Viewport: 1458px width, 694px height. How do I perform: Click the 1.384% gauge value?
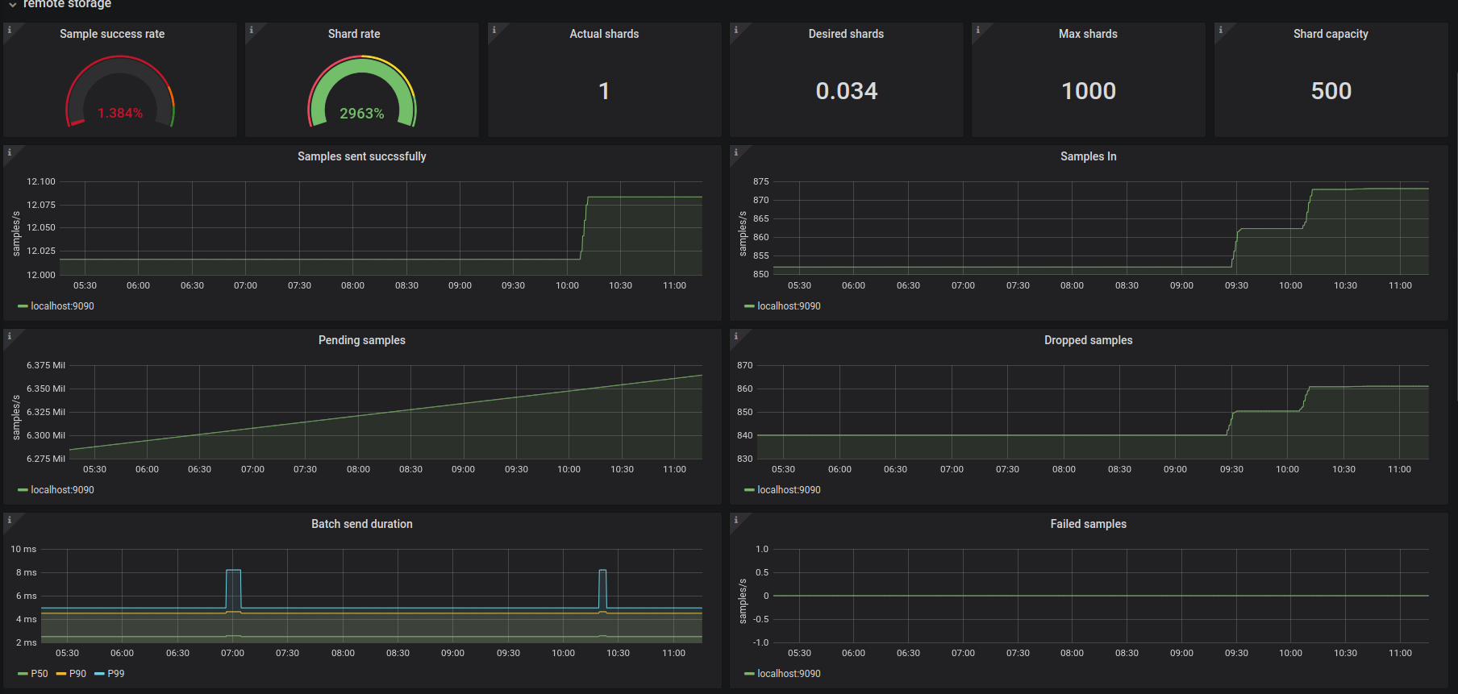click(120, 113)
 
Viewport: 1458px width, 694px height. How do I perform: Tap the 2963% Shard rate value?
click(362, 114)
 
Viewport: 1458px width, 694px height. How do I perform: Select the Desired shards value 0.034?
click(847, 91)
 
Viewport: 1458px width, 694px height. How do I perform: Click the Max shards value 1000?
click(1089, 91)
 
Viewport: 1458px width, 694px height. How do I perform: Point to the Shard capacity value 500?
click(1331, 91)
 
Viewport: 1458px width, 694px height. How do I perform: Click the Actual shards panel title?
click(604, 34)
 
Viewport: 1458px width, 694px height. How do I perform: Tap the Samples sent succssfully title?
click(362, 156)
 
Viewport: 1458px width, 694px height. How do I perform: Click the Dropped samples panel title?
click(1089, 340)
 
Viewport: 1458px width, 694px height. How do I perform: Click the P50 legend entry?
click(33, 674)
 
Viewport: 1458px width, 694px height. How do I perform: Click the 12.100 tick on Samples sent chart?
click(41, 181)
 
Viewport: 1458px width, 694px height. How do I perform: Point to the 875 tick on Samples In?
click(761, 181)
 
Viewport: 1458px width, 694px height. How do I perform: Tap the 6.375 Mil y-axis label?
click(46, 365)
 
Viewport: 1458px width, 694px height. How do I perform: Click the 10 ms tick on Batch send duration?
click(23, 549)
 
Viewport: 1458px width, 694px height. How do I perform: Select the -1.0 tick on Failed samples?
click(761, 642)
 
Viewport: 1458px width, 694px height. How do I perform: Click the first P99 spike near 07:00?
click(233, 571)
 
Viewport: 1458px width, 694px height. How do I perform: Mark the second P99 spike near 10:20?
click(602, 571)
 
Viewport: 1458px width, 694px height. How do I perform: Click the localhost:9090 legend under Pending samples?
click(56, 490)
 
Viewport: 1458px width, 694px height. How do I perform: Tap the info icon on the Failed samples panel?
click(735, 520)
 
